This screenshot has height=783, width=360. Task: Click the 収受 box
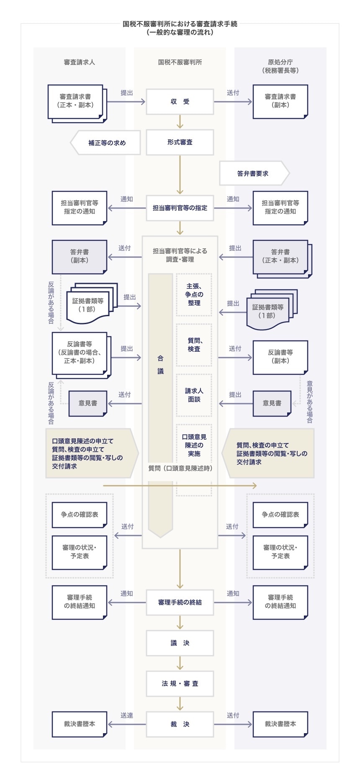(x=180, y=101)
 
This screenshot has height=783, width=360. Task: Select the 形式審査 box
(x=180, y=142)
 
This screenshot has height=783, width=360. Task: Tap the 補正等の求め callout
(x=106, y=143)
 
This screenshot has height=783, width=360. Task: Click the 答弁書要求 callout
(x=253, y=173)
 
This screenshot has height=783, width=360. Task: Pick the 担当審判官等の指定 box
(x=180, y=208)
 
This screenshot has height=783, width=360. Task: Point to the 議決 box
(x=180, y=643)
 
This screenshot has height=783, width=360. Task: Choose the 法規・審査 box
(x=180, y=683)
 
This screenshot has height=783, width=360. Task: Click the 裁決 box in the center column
(x=180, y=724)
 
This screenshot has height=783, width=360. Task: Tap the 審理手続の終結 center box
(x=180, y=602)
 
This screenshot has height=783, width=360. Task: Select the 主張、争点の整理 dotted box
(x=194, y=294)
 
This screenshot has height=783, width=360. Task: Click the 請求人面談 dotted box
(x=194, y=395)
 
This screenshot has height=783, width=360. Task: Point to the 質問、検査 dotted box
(x=194, y=345)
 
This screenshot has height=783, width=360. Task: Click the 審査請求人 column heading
(x=80, y=62)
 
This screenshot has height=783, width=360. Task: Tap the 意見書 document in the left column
(x=88, y=403)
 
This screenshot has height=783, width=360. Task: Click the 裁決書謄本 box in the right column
(x=280, y=724)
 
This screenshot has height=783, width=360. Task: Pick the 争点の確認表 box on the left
(x=80, y=514)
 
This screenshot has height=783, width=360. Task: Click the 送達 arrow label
(x=127, y=715)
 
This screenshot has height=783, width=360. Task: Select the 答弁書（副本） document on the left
(x=80, y=256)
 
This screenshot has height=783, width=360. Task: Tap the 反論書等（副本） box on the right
(x=280, y=356)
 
